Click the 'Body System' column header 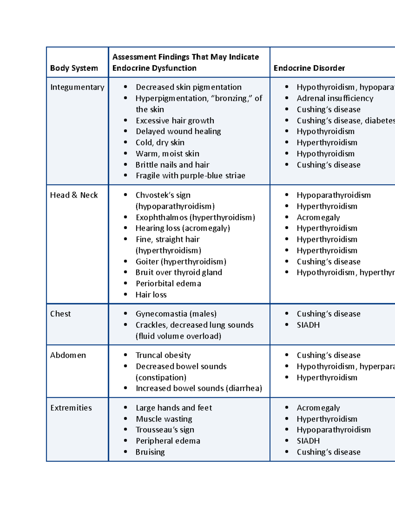coord(74,68)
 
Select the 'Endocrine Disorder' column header coord(309,68)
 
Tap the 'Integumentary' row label coord(77,87)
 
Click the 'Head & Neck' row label coord(74,195)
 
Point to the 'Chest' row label coord(60,314)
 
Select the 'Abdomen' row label coord(68,355)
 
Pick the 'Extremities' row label coord(71,408)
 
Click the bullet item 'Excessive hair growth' coord(175,121)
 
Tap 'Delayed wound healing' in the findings coord(178,132)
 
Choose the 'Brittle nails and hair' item coord(172,165)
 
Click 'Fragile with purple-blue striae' coord(190,176)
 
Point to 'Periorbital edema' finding coord(168,284)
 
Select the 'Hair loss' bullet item coord(151,295)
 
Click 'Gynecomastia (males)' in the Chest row coord(176,314)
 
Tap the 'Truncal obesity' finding coord(163,355)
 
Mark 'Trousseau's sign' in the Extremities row coord(165,430)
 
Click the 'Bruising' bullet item coord(150,452)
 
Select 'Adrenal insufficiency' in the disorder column coord(335,98)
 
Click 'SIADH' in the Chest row coord(308,325)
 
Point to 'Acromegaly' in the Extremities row coord(318,408)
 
